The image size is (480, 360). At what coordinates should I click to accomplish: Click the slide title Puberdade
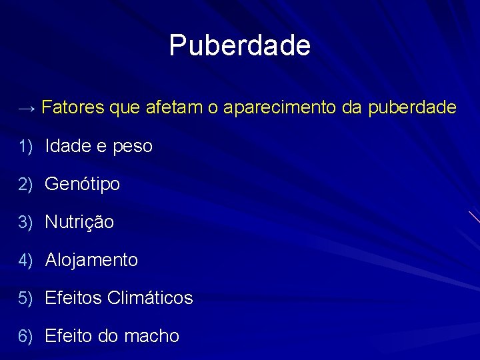240,46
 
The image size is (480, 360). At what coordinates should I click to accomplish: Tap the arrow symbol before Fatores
28,108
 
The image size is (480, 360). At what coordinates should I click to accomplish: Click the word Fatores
72,107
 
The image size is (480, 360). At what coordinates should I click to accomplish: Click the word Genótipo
83,184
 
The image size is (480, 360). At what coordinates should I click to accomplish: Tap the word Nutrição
79,222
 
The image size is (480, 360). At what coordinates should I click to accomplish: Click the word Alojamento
91,259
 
